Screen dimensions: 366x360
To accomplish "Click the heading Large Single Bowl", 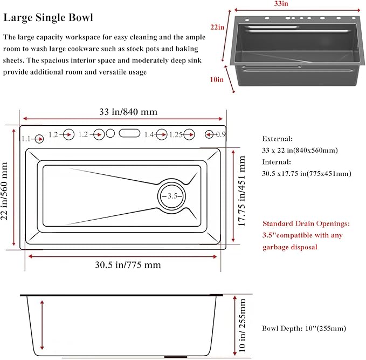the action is coord(49,18).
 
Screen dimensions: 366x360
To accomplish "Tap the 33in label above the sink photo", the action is coord(281,4).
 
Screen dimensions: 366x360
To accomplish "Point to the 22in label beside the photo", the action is coord(217,27).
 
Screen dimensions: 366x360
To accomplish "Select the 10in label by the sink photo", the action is coord(217,79).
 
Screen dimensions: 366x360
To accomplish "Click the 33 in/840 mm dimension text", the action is coord(128,112).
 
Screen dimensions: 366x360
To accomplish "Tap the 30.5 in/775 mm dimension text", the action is coord(128,265).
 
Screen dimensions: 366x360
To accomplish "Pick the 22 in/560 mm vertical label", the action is coord(4,191).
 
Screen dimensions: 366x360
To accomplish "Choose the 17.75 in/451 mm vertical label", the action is coord(241,191).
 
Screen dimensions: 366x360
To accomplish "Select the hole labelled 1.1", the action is coord(39,139).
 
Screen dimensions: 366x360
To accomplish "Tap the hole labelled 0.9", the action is coord(209,134).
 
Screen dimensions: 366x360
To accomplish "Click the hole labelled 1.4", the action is coord(162,134).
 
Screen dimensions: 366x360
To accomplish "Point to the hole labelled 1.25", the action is coord(189,134).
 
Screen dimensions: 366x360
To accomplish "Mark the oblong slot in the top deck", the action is coord(129,133).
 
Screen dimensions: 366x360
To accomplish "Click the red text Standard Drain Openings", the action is coord(306,223).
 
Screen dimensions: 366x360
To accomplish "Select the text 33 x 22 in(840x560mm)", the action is coord(300,150).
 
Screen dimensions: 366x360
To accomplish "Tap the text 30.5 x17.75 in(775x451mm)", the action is coord(307,173).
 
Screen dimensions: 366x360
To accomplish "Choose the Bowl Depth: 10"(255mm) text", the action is coord(304,329).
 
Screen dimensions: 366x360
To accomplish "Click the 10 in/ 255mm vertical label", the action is coord(242,325).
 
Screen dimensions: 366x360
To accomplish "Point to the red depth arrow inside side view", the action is coord(42,325).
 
